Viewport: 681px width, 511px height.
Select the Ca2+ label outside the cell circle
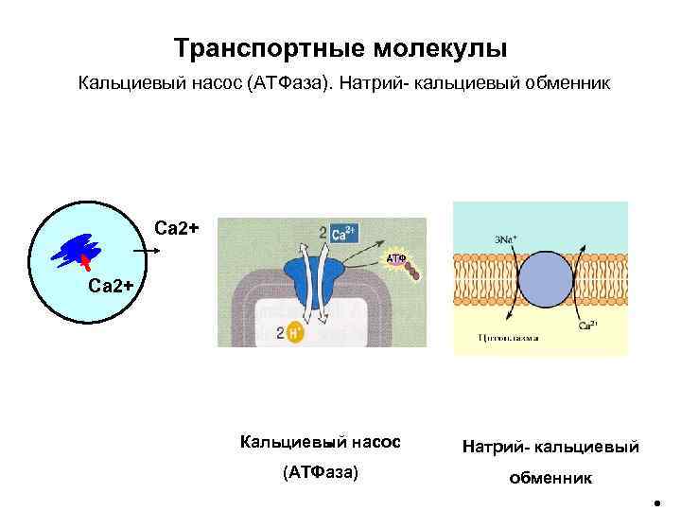(176, 227)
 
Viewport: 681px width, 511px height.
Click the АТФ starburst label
(396, 257)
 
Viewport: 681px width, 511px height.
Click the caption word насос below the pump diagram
(372, 442)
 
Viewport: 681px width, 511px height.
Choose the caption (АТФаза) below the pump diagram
(321, 472)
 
